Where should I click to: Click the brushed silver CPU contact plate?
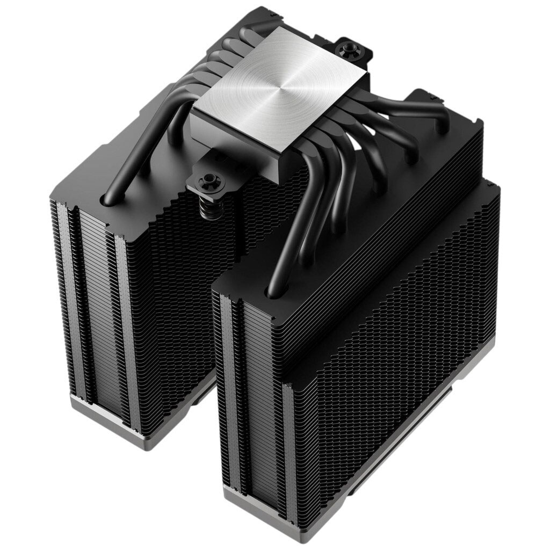(279, 89)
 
